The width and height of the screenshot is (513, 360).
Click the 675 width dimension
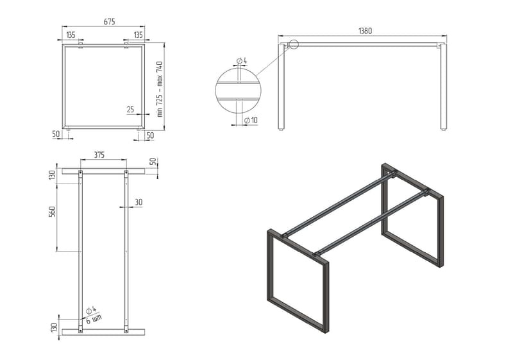click(x=109, y=22)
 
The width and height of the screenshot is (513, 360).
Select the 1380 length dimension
click(x=366, y=31)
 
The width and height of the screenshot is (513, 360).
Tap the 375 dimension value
click(x=99, y=155)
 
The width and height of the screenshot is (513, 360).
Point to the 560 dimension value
click(x=53, y=211)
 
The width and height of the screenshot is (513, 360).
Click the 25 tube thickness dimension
click(x=130, y=109)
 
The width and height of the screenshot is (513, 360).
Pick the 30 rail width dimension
click(x=139, y=202)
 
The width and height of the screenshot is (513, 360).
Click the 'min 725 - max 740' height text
click(x=160, y=89)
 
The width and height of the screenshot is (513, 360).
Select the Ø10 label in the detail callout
click(x=251, y=121)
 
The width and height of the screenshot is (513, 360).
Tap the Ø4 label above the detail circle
click(x=242, y=61)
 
